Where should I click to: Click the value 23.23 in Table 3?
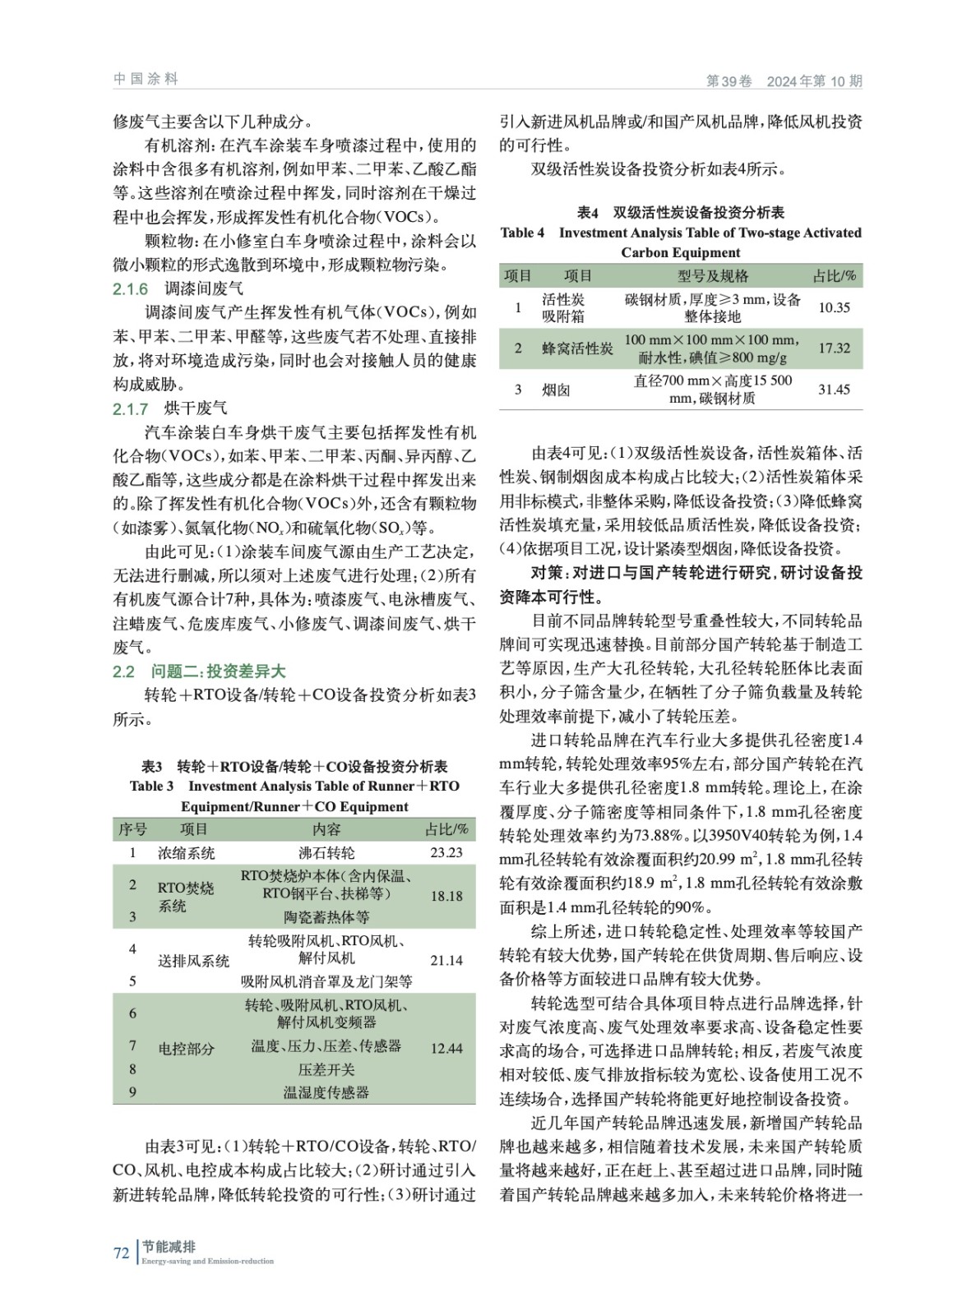coord(446,852)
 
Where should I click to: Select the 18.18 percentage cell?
coord(446,896)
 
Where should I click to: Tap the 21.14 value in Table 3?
coord(446,960)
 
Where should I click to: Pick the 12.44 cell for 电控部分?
coord(446,1049)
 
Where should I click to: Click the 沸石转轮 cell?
coord(326,853)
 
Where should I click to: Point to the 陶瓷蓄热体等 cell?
coord(326,917)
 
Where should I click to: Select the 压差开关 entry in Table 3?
coord(326,1069)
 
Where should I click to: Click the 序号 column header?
coord(132,829)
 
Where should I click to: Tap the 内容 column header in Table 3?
coord(326,829)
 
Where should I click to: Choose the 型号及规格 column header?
coord(712,276)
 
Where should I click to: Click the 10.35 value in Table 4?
coord(834,307)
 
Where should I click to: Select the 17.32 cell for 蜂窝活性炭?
coord(834,348)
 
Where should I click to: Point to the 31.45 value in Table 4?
coord(834,390)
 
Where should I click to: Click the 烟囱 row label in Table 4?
coord(556,390)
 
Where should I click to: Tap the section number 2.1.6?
coord(130,289)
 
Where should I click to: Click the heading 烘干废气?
coord(196,408)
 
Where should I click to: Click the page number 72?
coord(122,1253)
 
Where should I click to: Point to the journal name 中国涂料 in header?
coord(146,79)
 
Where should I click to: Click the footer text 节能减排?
coord(169,1247)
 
